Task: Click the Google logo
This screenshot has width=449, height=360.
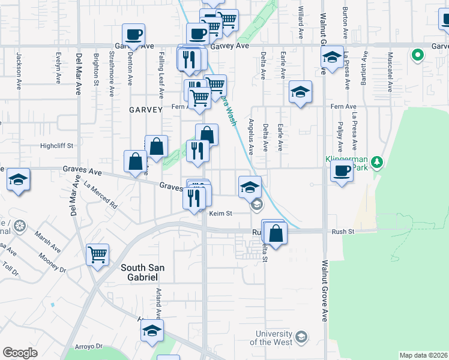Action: point(20,353)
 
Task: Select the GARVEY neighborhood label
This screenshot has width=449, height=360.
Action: point(145,110)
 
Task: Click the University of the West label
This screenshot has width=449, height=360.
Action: point(274,338)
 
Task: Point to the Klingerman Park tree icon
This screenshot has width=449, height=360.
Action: point(377,163)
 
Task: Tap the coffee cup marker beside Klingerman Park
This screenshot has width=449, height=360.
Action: point(342,170)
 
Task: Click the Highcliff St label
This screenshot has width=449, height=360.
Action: point(56,146)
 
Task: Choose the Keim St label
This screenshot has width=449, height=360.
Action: point(220,213)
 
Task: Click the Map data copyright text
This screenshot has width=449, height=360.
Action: point(424,355)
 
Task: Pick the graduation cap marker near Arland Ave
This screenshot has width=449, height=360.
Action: point(152,330)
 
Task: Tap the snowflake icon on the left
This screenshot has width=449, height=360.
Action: point(20,226)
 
